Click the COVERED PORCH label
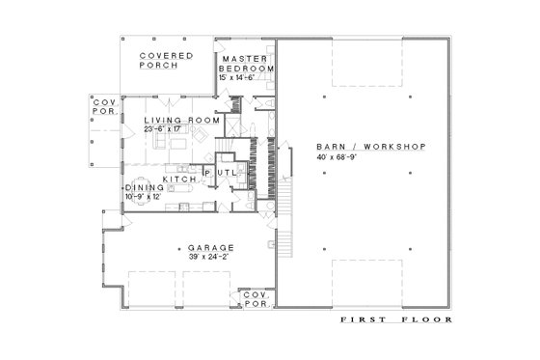pos(166,62)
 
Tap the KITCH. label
pos(179,180)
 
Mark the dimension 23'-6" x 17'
pos(182,128)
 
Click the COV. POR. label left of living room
pos(103,107)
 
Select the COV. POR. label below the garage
pos(256,299)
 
